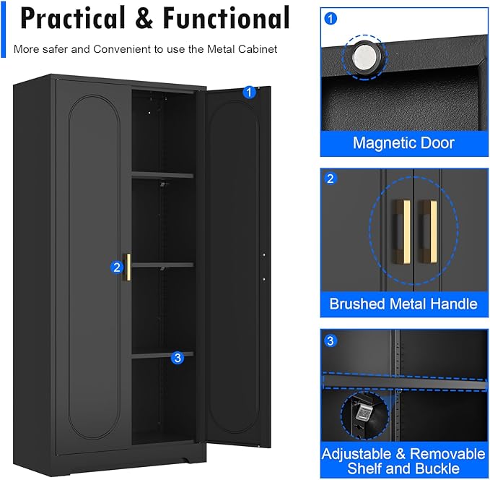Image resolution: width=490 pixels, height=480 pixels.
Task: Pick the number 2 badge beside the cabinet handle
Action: click(x=117, y=267)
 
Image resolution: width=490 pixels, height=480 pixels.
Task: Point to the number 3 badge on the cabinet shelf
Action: click(x=178, y=357)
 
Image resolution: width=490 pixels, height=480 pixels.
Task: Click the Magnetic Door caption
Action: click(x=403, y=142)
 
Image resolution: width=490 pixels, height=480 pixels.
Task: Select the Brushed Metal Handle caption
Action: click(x=403, y=304)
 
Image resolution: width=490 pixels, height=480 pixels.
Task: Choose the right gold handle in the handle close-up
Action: click(x=429, y=222)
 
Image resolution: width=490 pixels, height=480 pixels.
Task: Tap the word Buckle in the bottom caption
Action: click(x=441, y=468)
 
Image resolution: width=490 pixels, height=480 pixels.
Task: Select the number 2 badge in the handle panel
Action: click(x=331, y=179)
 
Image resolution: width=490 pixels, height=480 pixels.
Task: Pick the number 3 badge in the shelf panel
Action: click(x=331, y=340)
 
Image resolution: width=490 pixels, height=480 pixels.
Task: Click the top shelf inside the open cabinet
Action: click(x=162, y=175)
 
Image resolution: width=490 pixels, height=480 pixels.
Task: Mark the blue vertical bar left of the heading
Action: click(x=6, y=27)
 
